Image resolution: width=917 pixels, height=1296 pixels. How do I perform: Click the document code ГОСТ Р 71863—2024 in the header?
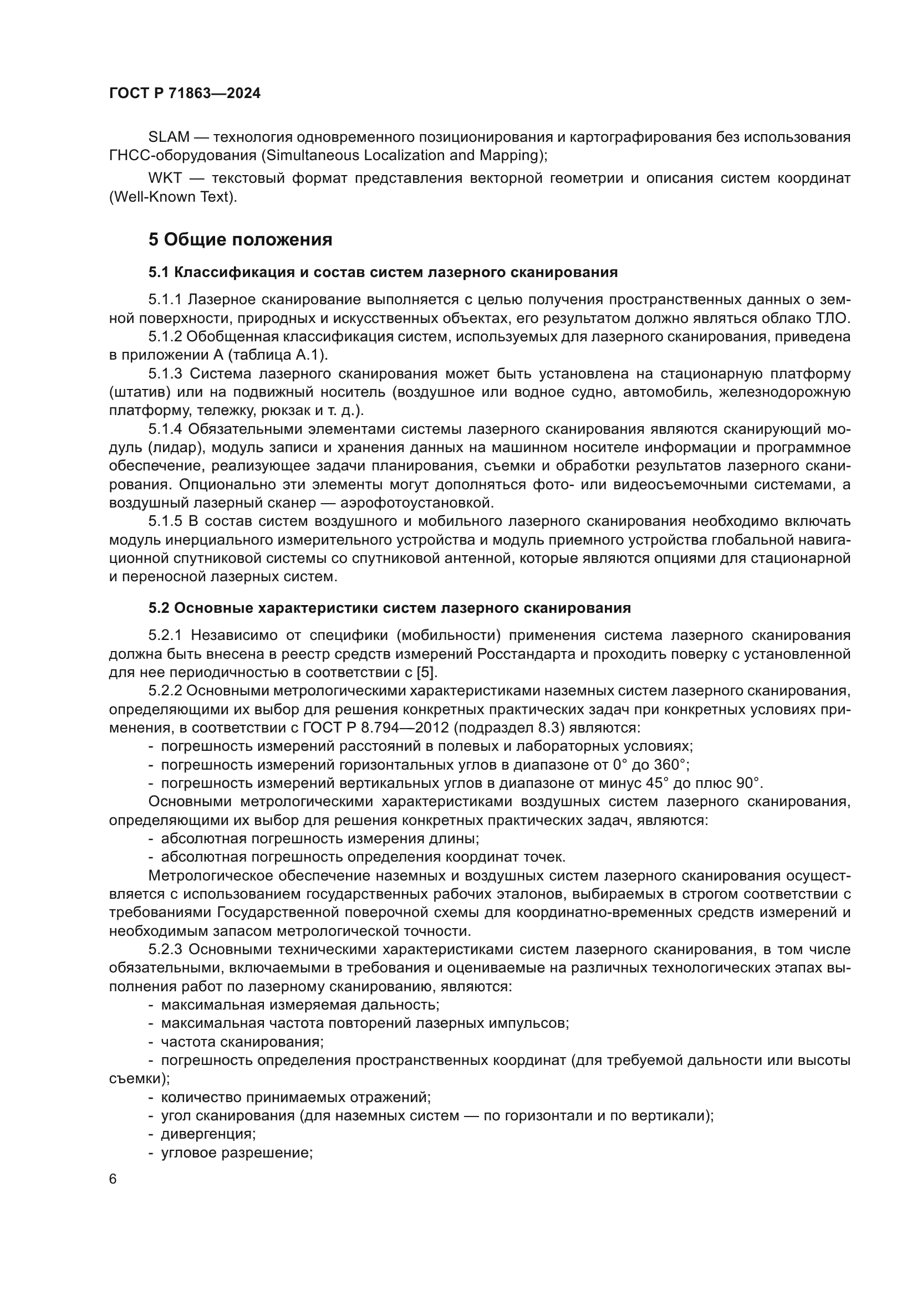tap(185, 94)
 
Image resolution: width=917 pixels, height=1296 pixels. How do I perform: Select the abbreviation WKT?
tap(165, 179)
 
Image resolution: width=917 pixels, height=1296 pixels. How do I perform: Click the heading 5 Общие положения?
tap(240, 240)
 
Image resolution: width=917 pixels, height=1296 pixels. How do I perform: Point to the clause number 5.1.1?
tap(165, 300)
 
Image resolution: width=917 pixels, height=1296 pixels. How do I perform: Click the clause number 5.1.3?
tap(165, 373)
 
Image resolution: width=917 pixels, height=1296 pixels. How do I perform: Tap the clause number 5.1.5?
tap(165, 521)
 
